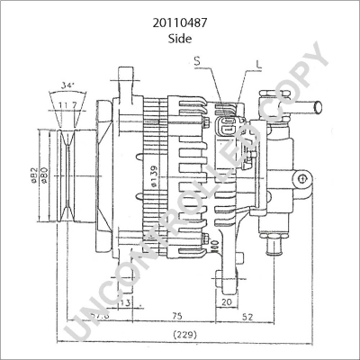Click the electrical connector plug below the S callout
230,128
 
